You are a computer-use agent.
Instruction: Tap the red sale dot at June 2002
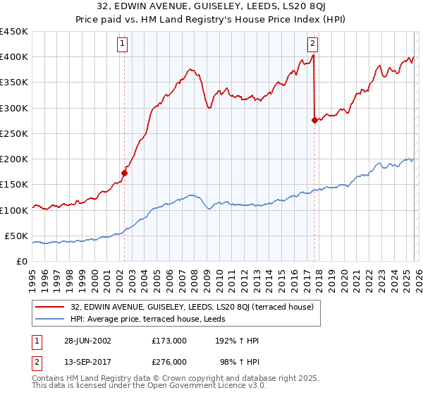tap(125, 172)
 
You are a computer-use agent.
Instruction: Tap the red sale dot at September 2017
tap(314, 120)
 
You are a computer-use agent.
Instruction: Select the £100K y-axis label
tap(14, 210)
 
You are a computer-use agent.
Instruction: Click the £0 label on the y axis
tap(21, 262)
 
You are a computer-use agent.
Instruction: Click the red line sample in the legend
tap(51, 306)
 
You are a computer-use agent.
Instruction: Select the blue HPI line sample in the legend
tap(51, 319)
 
